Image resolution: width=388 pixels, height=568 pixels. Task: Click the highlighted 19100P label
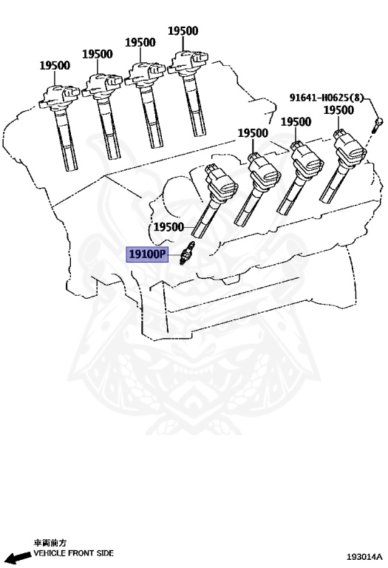(147, 254)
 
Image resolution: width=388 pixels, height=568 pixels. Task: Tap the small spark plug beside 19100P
(187, 253)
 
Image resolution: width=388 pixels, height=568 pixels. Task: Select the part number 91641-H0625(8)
(326, 98)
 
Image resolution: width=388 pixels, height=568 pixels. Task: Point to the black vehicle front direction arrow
(18, 557)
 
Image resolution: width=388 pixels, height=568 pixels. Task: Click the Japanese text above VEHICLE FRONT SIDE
(50, 543)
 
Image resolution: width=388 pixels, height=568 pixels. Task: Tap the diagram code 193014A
(364, 556)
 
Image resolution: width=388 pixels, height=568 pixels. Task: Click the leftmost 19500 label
(55, 66)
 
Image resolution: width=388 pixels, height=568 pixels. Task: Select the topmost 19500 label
(183, 31)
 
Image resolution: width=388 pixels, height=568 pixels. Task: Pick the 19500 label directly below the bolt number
(338, 110)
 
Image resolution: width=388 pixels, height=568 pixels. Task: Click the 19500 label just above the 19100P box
(169, 227)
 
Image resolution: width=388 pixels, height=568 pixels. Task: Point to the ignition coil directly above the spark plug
(214, 200)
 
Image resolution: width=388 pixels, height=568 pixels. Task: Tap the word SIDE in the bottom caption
(104, 553)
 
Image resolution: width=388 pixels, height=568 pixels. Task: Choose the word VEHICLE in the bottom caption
(50, 553)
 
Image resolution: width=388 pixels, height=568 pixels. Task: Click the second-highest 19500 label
(140, 43)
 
